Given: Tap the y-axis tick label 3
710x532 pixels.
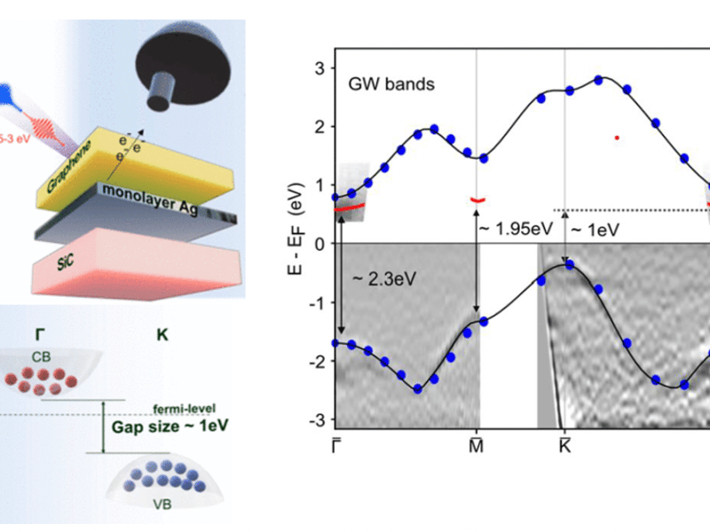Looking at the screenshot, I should tap(317, 68).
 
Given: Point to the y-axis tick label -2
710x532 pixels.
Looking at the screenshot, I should tap(314, 360).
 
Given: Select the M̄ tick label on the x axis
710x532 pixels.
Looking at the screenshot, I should tap(476, 440).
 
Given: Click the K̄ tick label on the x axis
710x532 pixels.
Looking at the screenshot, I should tap(564, 440).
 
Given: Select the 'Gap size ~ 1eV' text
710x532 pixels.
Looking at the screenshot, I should tap(163, 426).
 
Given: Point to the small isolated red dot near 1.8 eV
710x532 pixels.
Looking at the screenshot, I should tap(616, 137).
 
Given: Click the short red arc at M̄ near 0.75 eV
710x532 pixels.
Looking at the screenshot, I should tap(477, 200).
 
